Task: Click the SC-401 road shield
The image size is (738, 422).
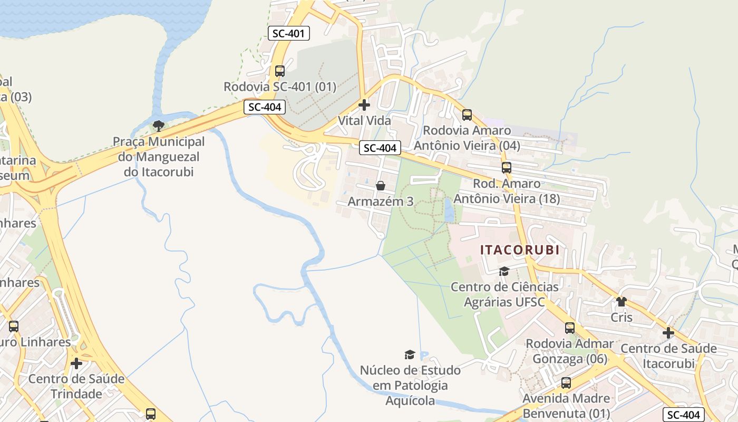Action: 288,33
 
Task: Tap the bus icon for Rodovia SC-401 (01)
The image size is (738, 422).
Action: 280,71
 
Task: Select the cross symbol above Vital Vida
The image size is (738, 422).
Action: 364,105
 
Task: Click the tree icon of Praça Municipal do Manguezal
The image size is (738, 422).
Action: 158,126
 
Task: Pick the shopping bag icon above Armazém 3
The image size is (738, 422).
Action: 381,186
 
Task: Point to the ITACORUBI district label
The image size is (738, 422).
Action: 520,250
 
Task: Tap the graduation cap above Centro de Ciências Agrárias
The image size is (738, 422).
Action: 504,271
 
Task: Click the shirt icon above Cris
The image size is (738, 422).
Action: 622,302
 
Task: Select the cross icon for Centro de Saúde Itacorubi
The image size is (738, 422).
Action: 668,333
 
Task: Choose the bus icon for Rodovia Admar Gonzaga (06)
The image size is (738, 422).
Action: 570,328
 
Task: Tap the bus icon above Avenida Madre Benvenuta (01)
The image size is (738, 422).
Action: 566,382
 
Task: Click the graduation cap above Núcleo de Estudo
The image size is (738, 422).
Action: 410,354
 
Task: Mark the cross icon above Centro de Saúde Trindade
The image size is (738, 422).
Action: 76,363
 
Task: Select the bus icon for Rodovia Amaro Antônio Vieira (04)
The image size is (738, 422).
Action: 467,114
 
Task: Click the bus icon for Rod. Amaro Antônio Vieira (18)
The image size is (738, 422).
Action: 507,168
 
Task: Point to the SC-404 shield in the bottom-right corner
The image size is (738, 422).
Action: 683,415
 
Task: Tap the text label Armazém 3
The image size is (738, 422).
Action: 381,202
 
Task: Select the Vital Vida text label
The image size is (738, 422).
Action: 364,121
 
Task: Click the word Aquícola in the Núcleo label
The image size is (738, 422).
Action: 411,401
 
